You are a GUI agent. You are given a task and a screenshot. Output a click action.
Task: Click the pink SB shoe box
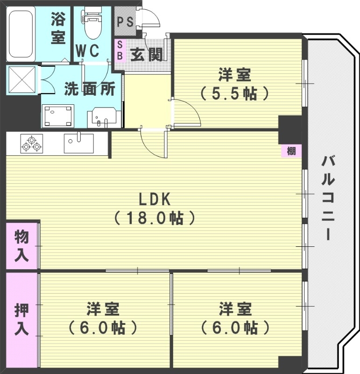tap(119, 50)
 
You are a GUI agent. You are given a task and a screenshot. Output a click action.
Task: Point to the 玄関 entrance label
tap(146, 55)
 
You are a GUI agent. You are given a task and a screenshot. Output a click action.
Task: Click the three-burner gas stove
tap(31, 143)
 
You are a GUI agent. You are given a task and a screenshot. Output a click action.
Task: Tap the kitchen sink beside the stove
tap(78, 143)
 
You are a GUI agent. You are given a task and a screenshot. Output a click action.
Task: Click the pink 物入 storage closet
tap(21, 246)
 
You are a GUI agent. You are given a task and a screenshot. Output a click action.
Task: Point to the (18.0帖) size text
tap(155, 218)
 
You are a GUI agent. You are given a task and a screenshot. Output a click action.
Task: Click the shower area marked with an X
tap(21, 80)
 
